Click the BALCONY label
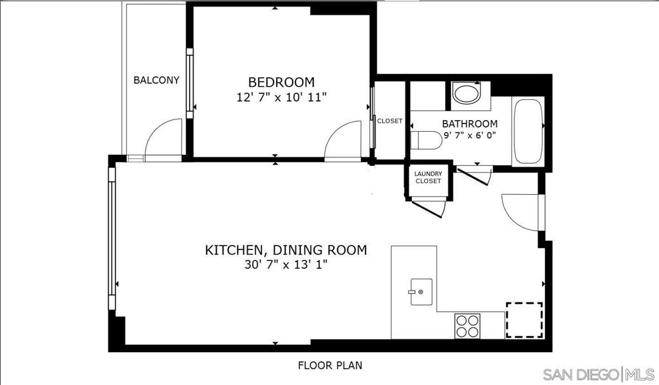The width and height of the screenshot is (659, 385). coord(156,80)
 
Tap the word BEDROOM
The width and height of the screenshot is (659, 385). coord(281,82)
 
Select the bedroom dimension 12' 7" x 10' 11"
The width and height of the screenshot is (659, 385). coord(281,98)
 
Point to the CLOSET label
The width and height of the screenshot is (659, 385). coord(389,121)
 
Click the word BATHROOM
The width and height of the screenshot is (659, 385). coord(469,124)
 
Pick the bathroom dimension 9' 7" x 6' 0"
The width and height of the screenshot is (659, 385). coord(470,136)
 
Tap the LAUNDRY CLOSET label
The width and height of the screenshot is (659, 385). coord(428,177)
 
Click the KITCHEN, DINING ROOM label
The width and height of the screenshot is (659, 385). coord(286,250)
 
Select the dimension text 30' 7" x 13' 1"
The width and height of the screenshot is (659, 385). coord(286,265)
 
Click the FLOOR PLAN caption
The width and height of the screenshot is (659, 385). coord(330,365)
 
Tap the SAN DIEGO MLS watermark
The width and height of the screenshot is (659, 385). coord(599,373)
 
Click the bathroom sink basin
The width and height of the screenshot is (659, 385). coord(467,94)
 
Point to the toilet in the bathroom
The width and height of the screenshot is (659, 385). coord(426,140)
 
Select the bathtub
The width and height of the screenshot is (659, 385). coord(528,131)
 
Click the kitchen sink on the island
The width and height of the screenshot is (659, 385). coord(421,292)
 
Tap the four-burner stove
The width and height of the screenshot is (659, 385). coord(467,326)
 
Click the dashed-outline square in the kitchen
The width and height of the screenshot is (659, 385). coord(524,320)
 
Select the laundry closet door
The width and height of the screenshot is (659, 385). coord(429,208)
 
